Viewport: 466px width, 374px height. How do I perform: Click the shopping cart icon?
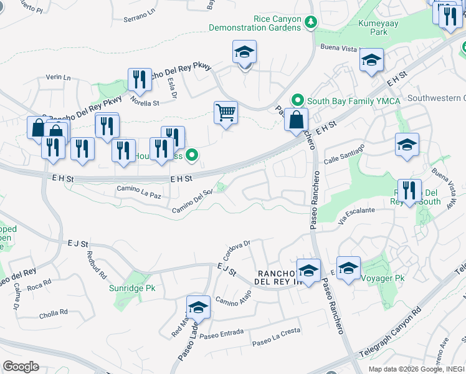(x=226, y=113)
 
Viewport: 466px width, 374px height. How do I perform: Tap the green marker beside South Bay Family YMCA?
(x=298, y=100)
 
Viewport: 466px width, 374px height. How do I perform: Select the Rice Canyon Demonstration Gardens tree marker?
(x=311, y=22)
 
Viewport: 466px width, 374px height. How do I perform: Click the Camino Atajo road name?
(x=233, y=301)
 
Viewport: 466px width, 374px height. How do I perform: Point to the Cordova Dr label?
(x=236, y=249)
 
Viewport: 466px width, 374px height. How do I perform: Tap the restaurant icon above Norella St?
(x=140, y=79)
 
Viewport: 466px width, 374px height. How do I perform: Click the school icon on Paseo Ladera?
(x=198, y=307)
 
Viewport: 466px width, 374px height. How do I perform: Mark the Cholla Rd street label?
(x=54, y=312)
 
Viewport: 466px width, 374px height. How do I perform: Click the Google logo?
(x=21, y=367)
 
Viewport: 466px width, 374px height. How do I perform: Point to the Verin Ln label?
(x=59, y=77)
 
